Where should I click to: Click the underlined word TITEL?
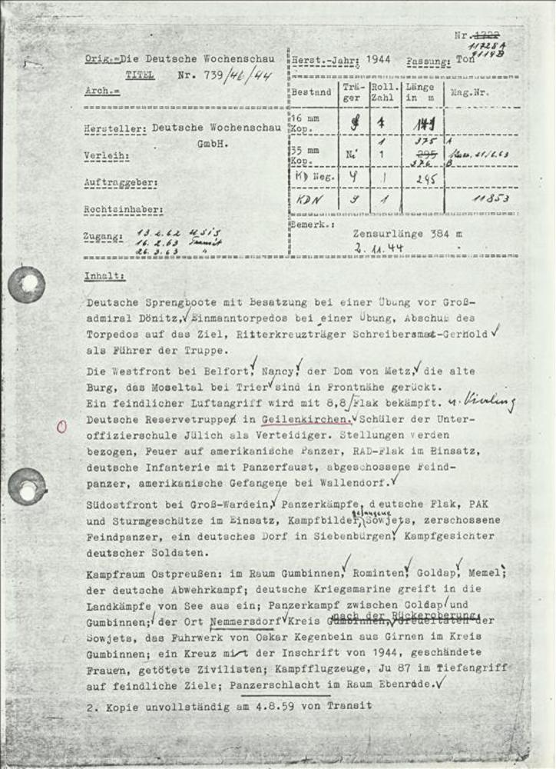140,76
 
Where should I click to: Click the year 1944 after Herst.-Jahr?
379,58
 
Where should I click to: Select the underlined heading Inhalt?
106,275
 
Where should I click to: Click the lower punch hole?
27,487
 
